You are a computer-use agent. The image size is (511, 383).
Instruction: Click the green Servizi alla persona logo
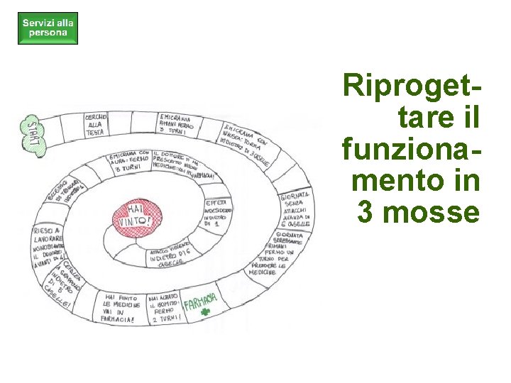pos(48,28)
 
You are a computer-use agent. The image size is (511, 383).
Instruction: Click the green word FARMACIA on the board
pos(200,304)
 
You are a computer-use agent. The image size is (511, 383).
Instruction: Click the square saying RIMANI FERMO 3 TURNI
pos(175,124)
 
